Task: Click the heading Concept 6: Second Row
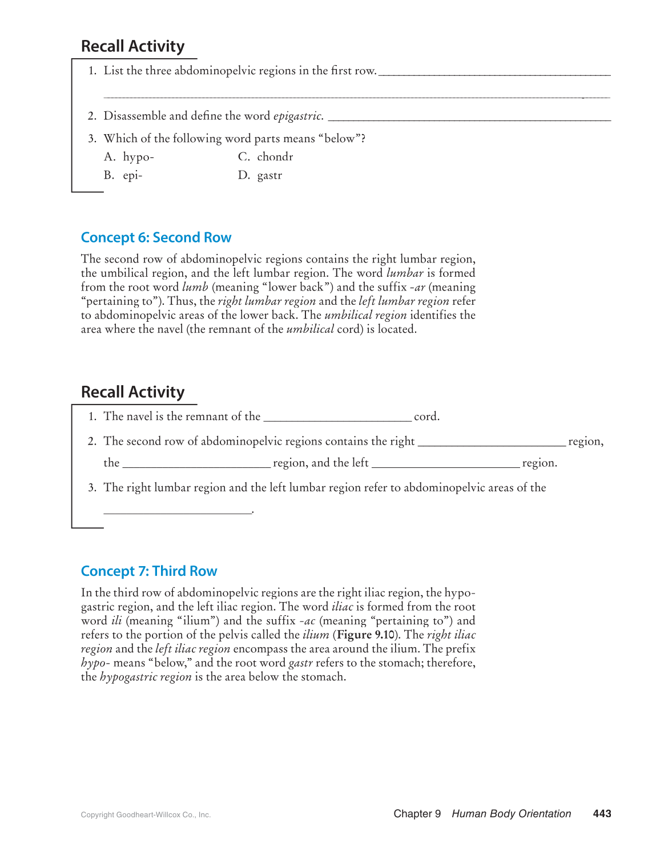point(156,237)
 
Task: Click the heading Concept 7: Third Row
point(149,571)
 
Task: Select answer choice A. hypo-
point(130,157)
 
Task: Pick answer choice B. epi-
point(123,175)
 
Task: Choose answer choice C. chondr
point(266,157)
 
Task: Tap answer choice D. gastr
point(260,175)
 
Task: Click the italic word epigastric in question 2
point(298,116)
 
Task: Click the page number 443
point(602,814)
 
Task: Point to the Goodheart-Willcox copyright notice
point(146,815)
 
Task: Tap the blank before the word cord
point(337,418)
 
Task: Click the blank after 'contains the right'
point(492,442)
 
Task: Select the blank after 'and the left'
point(445,464)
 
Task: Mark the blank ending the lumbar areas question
point(178,510)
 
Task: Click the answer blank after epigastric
point(469,117)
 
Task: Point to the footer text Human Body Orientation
point(511,814)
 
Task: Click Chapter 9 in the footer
point(417,814)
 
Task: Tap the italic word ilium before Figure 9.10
point(316,635)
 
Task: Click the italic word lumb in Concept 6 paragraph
point(195,287)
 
